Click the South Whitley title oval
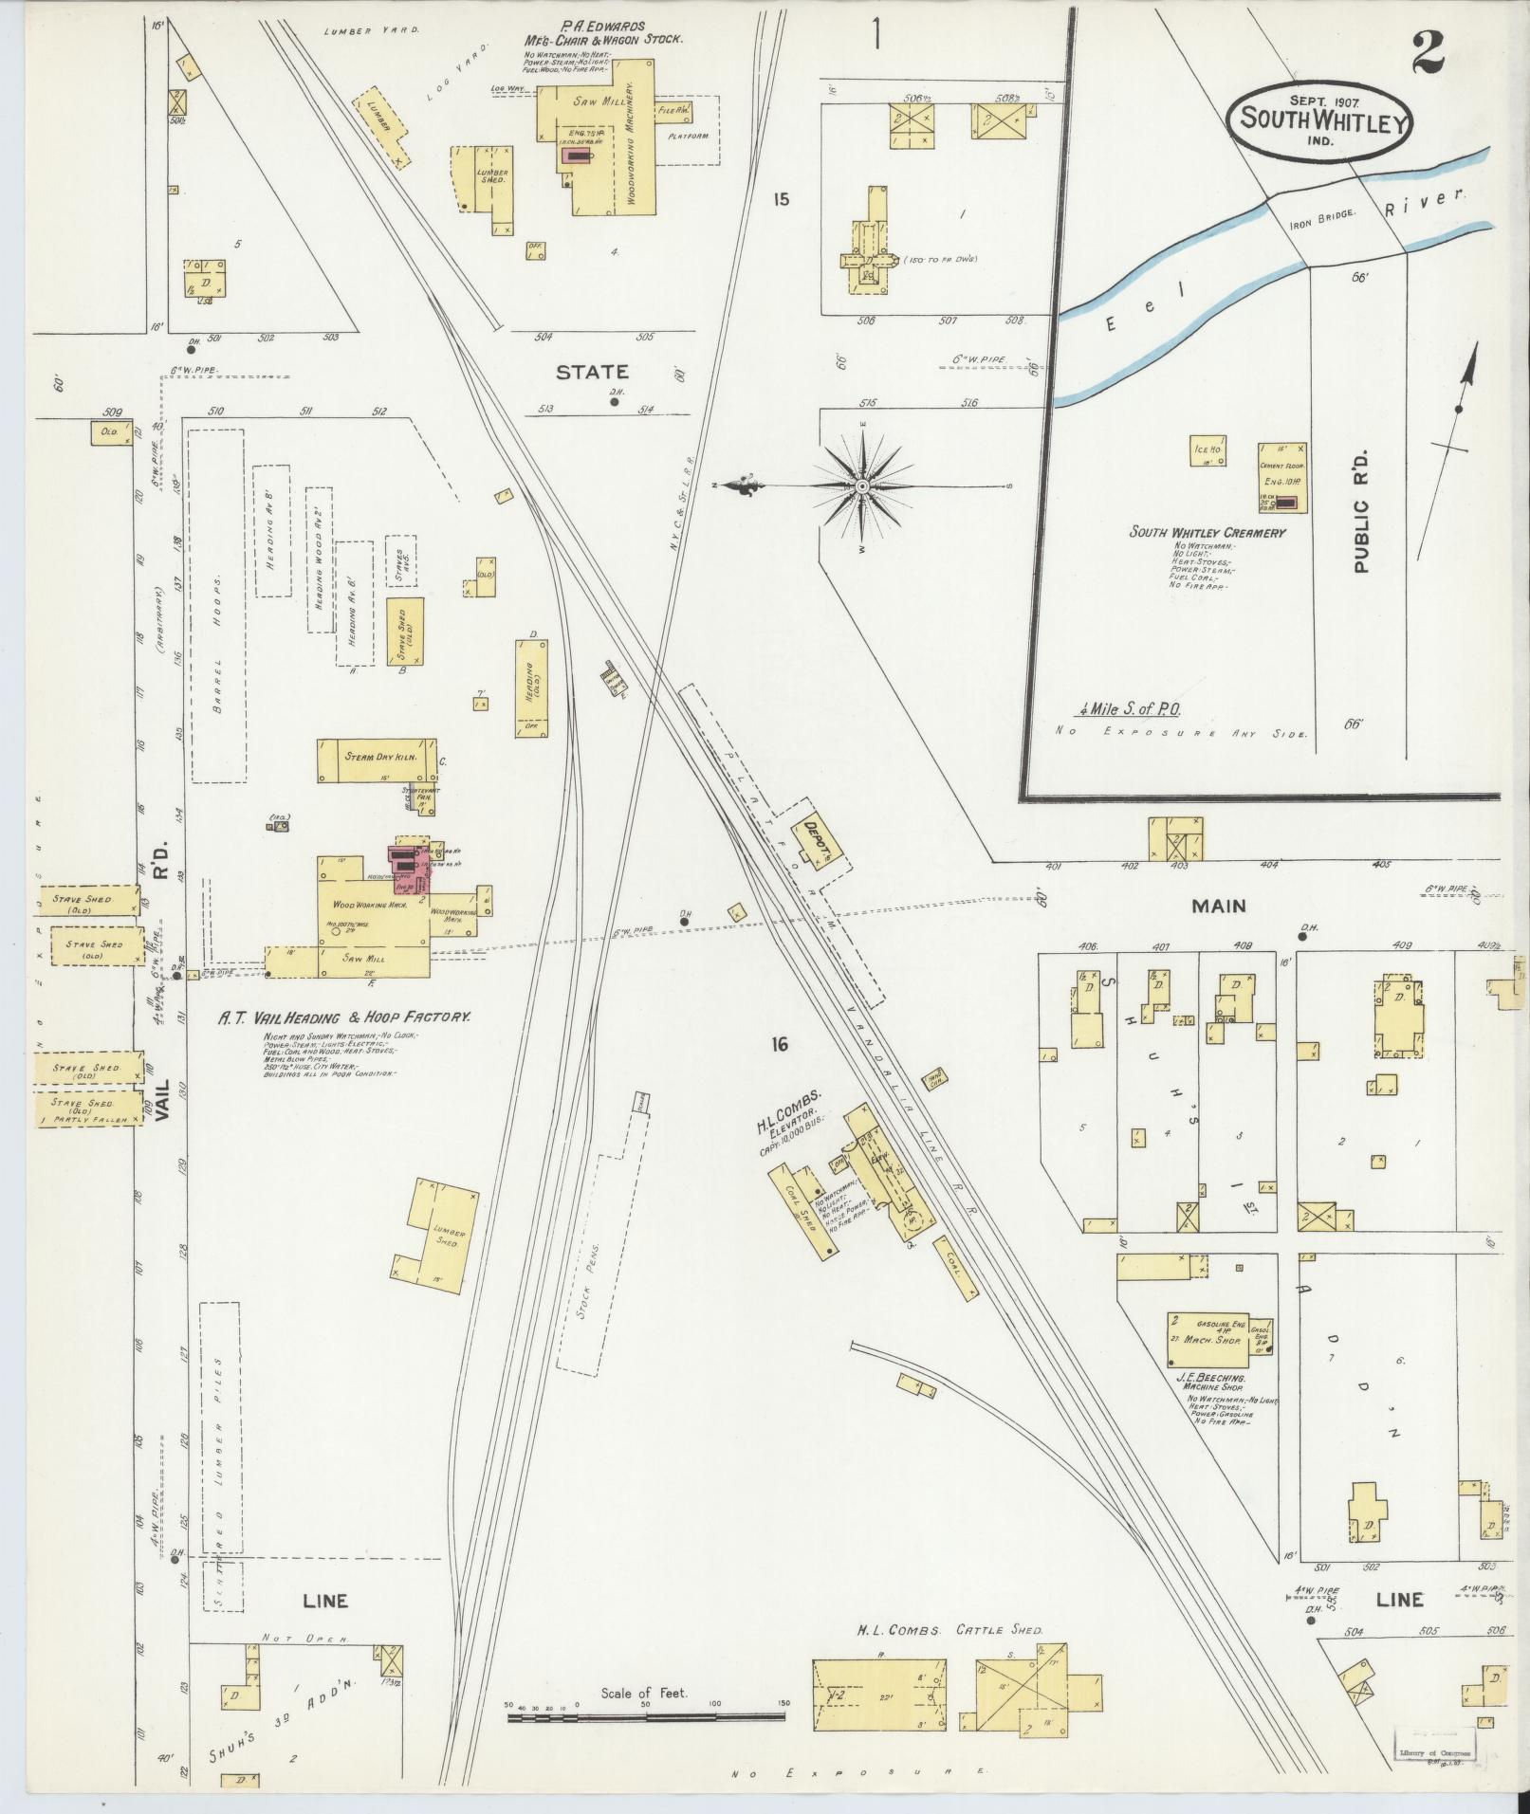(1321, 119)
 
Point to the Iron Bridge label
(1323, 214)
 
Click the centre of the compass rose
(862, 486)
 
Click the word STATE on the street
(593, 372)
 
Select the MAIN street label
(1218, 906)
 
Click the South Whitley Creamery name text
(1207, 532)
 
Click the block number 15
(781, 200)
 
